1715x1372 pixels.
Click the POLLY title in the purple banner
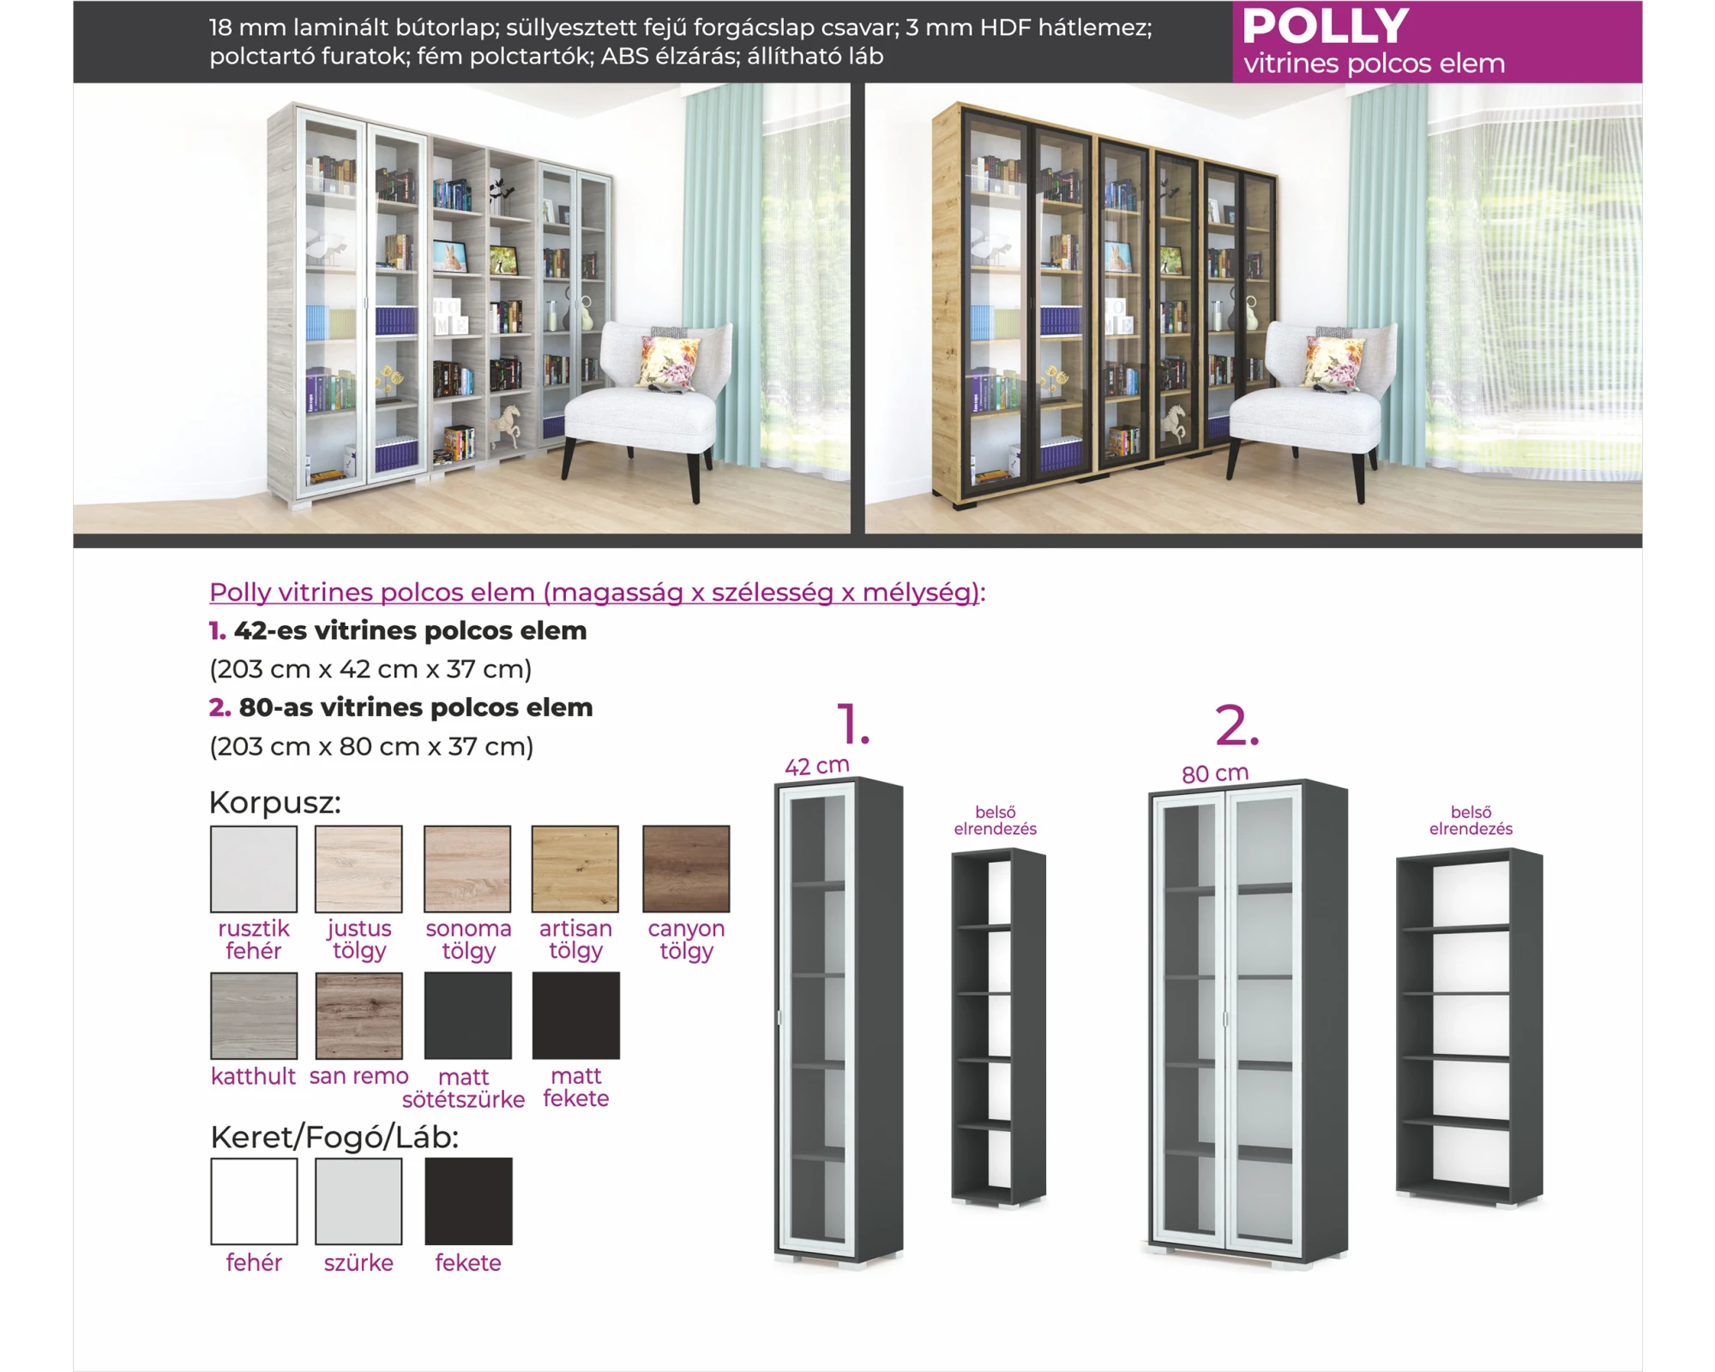pyautogui.click(x=1325, y=26)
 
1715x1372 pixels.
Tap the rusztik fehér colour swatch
pyautogui.click(x=254, y=869)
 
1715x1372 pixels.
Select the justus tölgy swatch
pyautogui.click(x=358, y=869)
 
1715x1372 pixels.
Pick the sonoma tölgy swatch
pyautogui.click(x=467, y=869)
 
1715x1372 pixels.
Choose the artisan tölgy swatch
pyautogui.click(x=575, y=869)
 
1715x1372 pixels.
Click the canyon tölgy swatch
pyautogui.click(x=686, y=869)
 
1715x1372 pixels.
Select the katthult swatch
pyautogui.click(x=254, y=1015)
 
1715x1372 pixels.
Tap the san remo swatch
pyautogui.click(x=358, y=1015)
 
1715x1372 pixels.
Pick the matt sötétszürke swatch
pyautogui.click(x=467, y=1015)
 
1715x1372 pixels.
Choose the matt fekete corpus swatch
pyautogui.click(x=575, y=1015)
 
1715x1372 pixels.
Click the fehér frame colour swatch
pyautogui.click(x=254, y=1201)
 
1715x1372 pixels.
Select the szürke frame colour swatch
pyautogui.click(x=358, y=1201)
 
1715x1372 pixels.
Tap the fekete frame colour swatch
pyautogui.click(x=468, y=1201)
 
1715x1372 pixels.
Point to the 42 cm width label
pyautogui.click(x=817, y=766)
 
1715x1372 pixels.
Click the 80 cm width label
pyautogui.click(x=1215, y=773)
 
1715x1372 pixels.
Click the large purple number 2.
pyautogui.click(x=1237, y=725)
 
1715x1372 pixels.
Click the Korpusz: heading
pyautogui.click(x=275, y=803)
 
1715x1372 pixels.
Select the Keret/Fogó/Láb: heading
pyautogui.click(x=334, y=1137)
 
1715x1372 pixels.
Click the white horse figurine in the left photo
pyautogui.click(x=508, y=423)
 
